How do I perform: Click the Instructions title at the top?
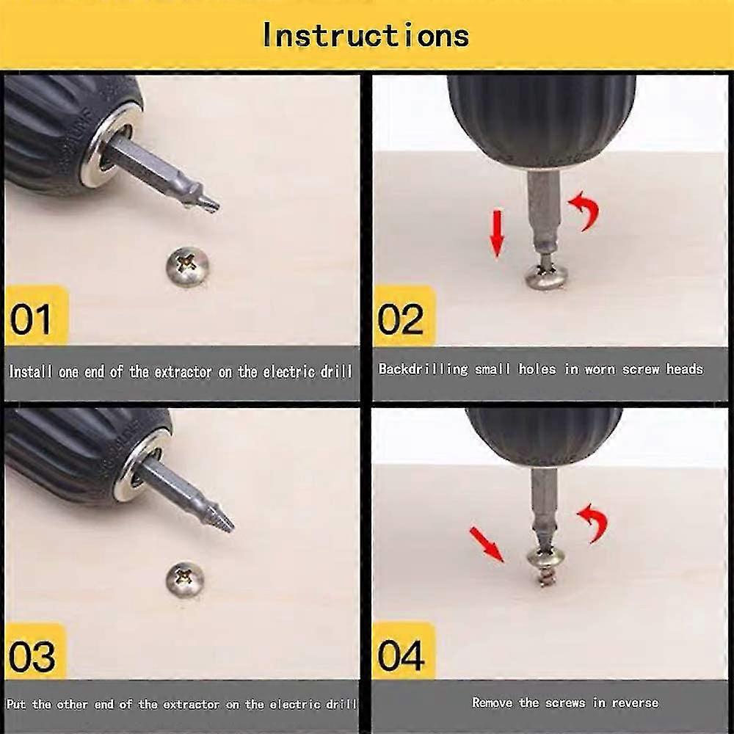tap(365, 34)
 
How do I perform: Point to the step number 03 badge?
tap(32, 655)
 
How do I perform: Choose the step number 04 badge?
tap(401, 655)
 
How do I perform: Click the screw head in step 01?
tap(188, 266)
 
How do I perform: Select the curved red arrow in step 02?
tap(585, 209)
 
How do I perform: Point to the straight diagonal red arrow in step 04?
tap(487, 543)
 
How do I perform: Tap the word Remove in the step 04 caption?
tap(493, 702)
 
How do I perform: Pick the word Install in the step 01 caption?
tap(29, 371)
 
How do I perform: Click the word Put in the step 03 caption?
tap(16, 704)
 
